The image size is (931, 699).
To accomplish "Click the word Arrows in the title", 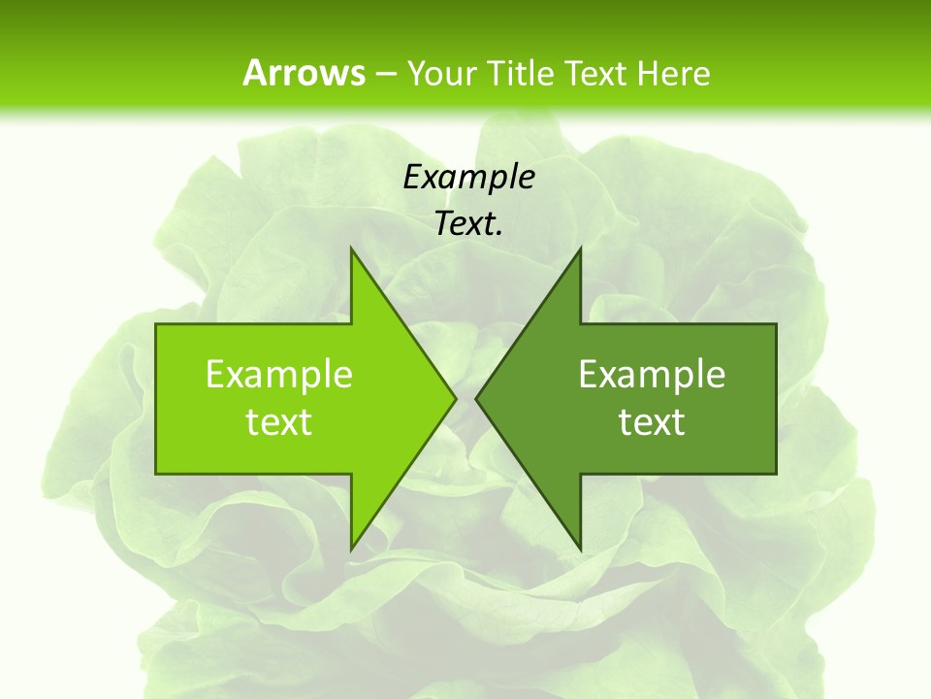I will pyautogui.click(x=303, y=73).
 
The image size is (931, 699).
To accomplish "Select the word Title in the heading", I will pyautogui.click(x=527, y=73).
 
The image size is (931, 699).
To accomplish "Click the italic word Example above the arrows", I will pyautogui.click(x=468, y=177).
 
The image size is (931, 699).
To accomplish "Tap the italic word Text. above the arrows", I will pyautogui.click(x=468, y=224).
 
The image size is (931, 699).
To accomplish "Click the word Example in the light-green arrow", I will pyautogui.click(x=279, y=374).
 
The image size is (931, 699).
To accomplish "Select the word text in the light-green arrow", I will pyautogui.click(x=279, y=422).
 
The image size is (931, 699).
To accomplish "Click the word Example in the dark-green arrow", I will pyautogui.click(x=652, y=374).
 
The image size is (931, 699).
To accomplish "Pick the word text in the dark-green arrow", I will pyautogui.click(x=652, y=422).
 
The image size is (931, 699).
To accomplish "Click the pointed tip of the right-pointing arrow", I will pyautogui.click(x=455, y=398).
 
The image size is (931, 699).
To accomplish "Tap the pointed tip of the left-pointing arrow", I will pyautogui.click(x=476, y=398).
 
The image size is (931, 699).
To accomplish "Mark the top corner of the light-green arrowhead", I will pyautogui.click(x=351, y=249).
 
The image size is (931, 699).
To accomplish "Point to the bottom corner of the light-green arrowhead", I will pyautogui.click(x=351, y=549).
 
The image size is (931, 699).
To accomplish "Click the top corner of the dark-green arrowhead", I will pyautogui.click(x=580, y=249).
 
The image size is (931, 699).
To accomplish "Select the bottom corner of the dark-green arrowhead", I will pyautogui.click(x=580, y=549).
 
